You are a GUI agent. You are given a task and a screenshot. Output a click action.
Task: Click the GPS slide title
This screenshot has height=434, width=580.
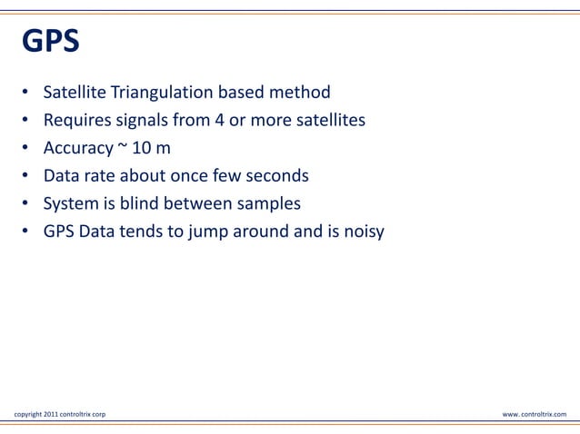[50, 42]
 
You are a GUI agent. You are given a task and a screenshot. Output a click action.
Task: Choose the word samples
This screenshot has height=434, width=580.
[264, 203]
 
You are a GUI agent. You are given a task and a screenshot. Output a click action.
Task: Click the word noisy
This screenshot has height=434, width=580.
[362, 232]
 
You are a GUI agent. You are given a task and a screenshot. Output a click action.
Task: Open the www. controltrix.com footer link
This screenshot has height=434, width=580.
[534, 414]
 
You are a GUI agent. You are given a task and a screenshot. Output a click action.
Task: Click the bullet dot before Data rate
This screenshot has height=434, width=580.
[26, 176]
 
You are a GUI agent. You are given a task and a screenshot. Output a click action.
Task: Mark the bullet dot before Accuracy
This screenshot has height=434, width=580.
[26, 148]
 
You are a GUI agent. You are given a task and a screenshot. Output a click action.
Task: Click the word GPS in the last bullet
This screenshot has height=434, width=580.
[59, 232]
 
